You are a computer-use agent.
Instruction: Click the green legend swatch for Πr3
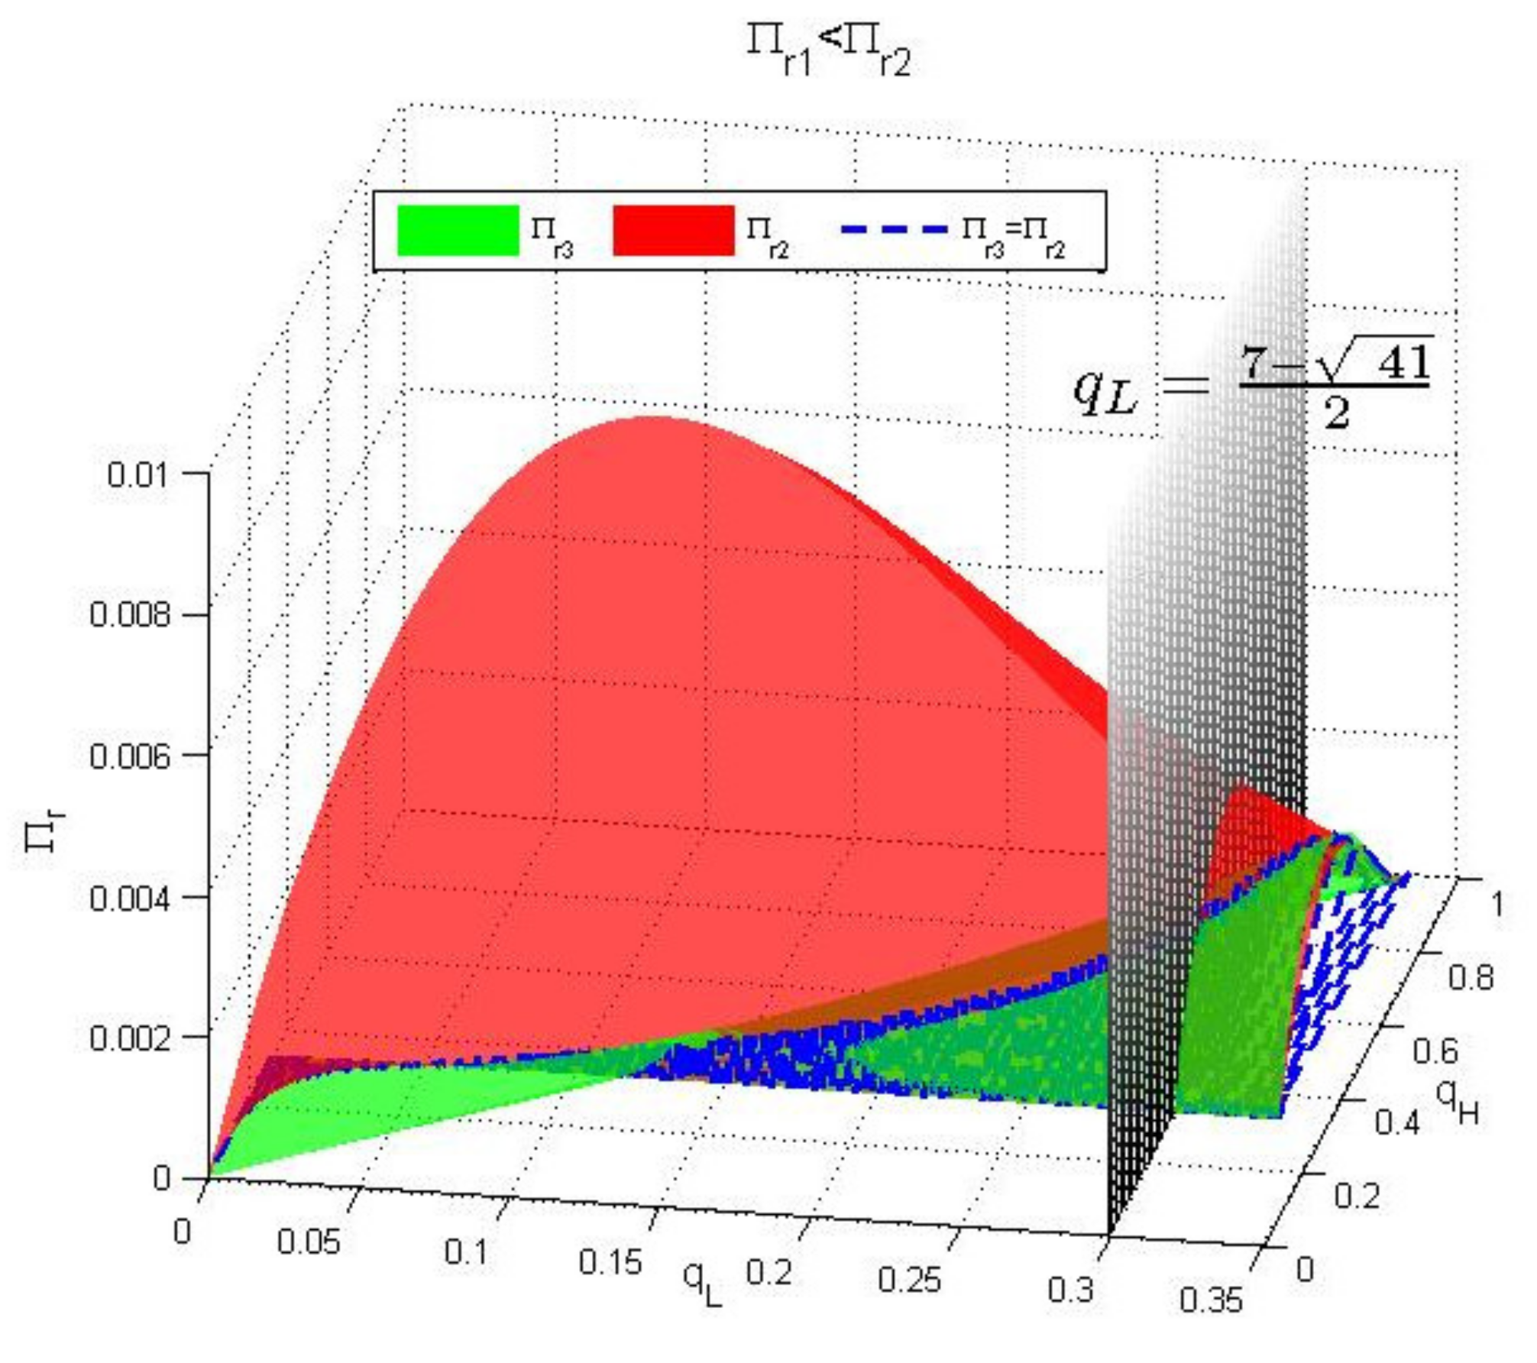click(458, 230)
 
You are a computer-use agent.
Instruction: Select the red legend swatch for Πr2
click(673, 230)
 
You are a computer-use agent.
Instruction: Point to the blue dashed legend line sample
click(894, 229)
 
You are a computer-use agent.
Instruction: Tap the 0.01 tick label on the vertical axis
click(137, 475)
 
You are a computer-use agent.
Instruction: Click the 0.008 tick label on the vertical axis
click(129, 615)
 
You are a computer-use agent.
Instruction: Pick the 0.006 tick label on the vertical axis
click(129, 756)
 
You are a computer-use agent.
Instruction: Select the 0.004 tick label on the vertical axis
click(129, 898)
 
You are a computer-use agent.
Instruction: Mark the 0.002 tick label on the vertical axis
click(129, 1038)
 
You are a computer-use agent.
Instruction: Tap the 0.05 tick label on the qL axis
click(308, 1242)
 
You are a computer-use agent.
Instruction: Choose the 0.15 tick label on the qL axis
click(609, 1262)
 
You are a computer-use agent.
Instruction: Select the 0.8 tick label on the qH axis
click(1471, 978)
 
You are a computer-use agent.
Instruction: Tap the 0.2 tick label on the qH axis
click(1357, 1196)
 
